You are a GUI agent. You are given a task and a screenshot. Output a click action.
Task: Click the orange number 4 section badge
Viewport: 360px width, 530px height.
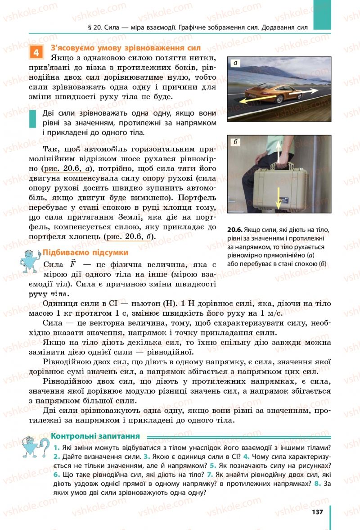point(36,52)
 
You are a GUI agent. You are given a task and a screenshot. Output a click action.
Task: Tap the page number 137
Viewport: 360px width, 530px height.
point(317,512)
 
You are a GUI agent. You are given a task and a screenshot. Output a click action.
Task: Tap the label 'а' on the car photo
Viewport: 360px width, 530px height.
point(235,63)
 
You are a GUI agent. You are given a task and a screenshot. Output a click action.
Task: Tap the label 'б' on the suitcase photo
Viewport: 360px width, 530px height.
point(235,142)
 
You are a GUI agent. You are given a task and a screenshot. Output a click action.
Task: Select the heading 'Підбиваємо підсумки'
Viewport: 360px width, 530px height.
point(85,252)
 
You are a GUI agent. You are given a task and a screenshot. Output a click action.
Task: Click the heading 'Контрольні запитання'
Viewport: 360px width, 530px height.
point(95,436)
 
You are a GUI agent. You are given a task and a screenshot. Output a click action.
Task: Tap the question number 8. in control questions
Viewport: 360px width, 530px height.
point(318,484)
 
